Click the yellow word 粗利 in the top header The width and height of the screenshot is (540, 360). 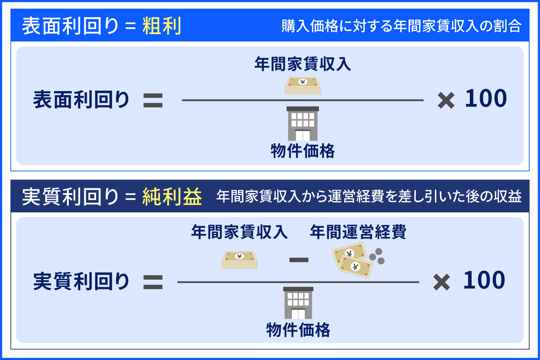point(162,26)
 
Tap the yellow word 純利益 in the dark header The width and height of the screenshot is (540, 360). point(172,197)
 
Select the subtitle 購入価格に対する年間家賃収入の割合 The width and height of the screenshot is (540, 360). point(401,26)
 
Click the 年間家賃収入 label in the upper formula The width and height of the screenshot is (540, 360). point(302,64)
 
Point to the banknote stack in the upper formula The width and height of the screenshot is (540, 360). point(303,86)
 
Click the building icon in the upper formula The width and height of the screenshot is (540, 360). point(303,123)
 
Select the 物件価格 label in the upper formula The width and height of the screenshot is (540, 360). point(303,151)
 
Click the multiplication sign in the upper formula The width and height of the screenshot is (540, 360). point(446,100)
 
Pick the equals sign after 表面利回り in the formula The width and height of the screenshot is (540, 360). point(153,100)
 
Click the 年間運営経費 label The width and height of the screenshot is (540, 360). point(358,232)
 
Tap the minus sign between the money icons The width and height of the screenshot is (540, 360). point(299,260)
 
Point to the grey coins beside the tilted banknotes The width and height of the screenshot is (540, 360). point(377,256)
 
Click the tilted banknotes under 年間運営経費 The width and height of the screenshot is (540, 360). point(352,260)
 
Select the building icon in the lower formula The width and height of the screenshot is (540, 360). point(298,303)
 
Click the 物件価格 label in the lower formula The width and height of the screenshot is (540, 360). point(298,330)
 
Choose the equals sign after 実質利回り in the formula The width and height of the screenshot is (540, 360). point(153,282)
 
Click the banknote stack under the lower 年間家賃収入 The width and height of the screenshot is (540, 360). point(239,260)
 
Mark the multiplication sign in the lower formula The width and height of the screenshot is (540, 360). point(442,282)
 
